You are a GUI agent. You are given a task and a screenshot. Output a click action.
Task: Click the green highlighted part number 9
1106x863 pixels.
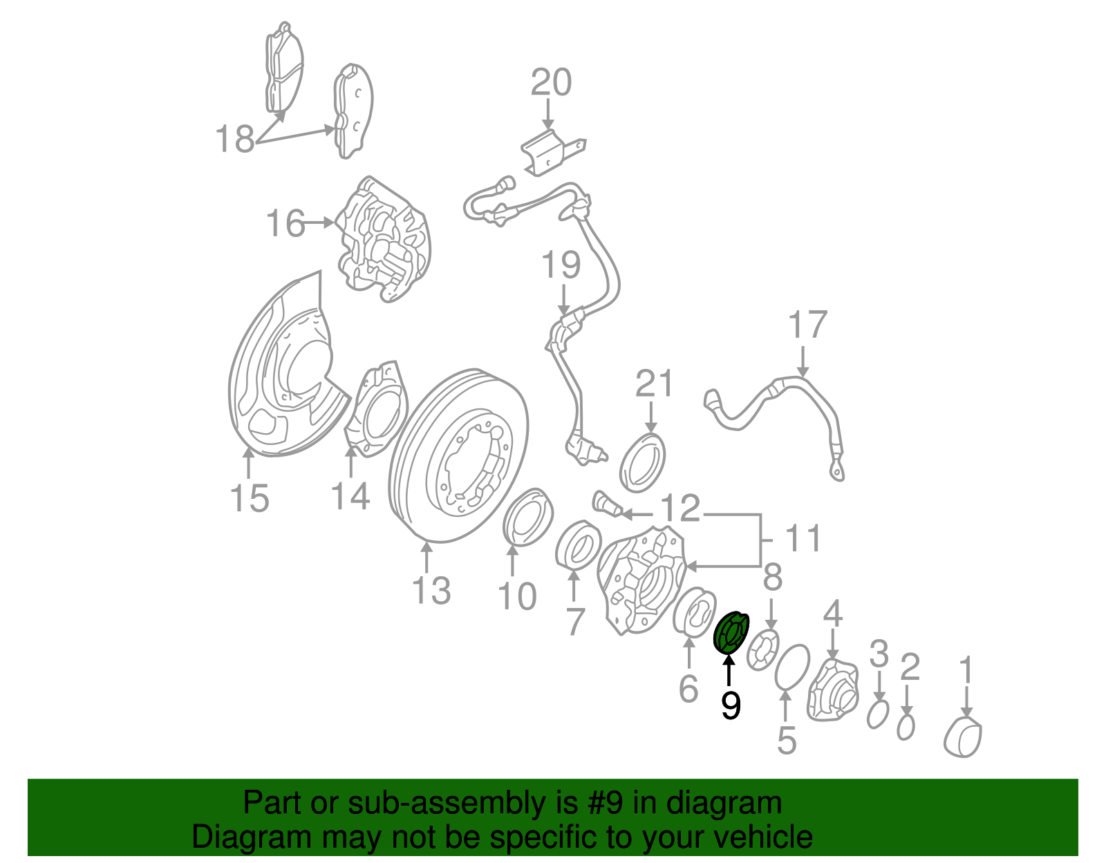pyautogui.click(x=731, y=632)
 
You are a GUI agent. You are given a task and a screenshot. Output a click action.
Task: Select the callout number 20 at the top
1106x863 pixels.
pyautogui.click(x=551, y=82)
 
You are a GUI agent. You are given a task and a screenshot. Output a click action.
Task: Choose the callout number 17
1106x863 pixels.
pyautogui.click(x=807, y=325)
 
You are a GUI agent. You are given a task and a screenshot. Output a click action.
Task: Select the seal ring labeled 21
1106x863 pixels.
pyautogui.click(x=642, y=461)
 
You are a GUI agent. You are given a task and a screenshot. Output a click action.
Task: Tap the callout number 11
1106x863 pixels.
pyautogui.click(x=803, y=538)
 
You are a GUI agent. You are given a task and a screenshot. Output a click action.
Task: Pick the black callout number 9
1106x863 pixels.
pyautogui.click(x=731, y=705)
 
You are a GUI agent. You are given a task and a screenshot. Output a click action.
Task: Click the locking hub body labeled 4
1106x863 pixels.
pyautogui.click(x=832, y=692)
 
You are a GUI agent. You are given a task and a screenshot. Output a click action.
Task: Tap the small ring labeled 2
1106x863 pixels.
pyautogui.click(x=906, y=727)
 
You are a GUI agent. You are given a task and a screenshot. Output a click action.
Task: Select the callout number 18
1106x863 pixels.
pyautogui.click(x=235, y=139)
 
